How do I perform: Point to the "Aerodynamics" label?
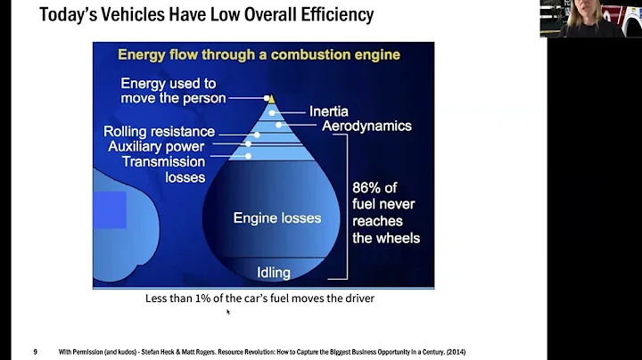pyautogui.click(x=366, y=127)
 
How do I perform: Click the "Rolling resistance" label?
pyautogui.click(x=159, y=132)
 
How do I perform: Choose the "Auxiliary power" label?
pyautogui.click(x=156, y=146)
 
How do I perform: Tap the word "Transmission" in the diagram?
pyautogui.click(x=163, y=161)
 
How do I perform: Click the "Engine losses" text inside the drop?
pyautogui.click(x=276, y=217)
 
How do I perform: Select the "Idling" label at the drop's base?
pyautogui.click(x=275, y=272)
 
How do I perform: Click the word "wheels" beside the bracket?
pyautogui.click(x=399, y=238)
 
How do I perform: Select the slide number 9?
pyautogui.click(x=36, y=352)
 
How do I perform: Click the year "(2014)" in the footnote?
pyautogui.click(x=453, y=352)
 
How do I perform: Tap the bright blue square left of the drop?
pyautogui.click(x=110, y=210)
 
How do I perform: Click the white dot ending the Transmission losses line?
pyautogui.click(x=248, y=156)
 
